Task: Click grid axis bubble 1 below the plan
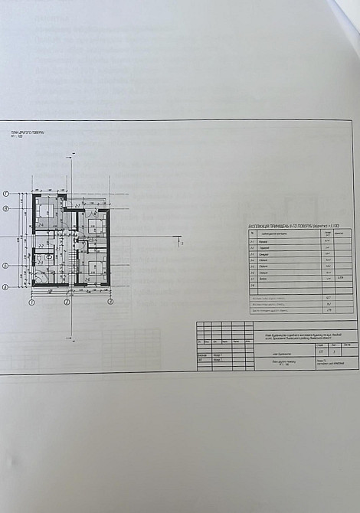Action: coord(32,302)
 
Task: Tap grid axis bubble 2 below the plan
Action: coord(67,302)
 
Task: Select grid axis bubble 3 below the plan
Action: coord(110,302)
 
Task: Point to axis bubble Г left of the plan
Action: coord(5,194)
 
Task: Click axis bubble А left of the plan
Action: coord(5,287)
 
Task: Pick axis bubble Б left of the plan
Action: coord(5,266)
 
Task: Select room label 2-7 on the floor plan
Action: coord(78,205)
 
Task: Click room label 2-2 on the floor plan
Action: coord(40,245)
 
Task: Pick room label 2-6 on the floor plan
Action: coord(88,279)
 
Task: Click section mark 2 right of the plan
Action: coord(181,243)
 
